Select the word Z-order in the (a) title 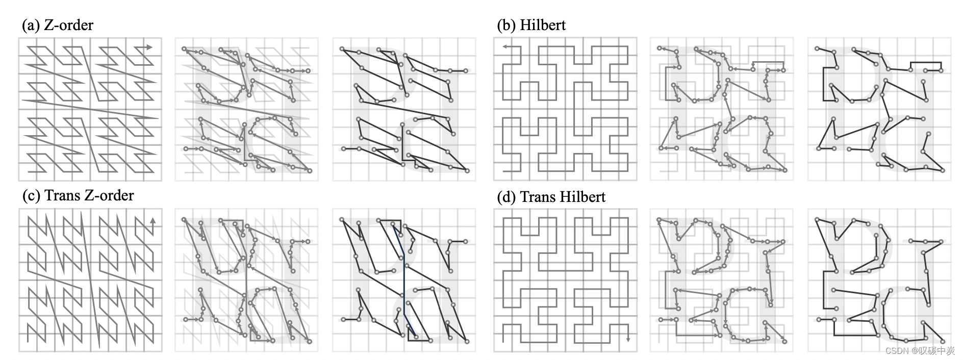point(68,25)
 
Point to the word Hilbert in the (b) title point(543,25)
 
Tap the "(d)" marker point(507,197)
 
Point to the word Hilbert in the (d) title point(582,197)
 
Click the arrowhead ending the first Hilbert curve point(503,47)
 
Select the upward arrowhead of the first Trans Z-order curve point(153,220)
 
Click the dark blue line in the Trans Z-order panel point(404,286)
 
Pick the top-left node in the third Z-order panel point(342,49)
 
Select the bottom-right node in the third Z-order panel point(467,171)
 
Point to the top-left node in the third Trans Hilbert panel point(818,219)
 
